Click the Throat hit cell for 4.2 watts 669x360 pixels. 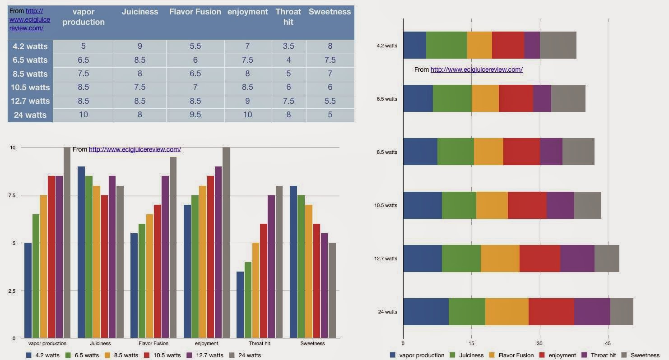[x=288, y=46]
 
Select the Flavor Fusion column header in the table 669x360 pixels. [x=195, y=12]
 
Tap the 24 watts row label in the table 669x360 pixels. [x=30, y=115]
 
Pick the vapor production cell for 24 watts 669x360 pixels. [x=84, y=115]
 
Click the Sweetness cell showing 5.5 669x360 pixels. [x=330, y=101]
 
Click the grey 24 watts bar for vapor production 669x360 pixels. [x=67, y=243]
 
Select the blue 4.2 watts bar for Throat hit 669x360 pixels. [x=240, y=305]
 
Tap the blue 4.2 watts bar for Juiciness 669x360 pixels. [x=81, y=252]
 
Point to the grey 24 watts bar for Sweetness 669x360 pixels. [x=332, y=291]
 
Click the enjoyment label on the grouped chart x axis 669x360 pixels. [x=207, y=344]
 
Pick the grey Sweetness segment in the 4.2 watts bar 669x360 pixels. [x=558, y=45]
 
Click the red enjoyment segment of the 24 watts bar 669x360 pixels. [x=551, y=312]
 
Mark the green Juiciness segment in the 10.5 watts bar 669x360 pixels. [x=459, y=205]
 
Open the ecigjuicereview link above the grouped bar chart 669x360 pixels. [x=135, y=149]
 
